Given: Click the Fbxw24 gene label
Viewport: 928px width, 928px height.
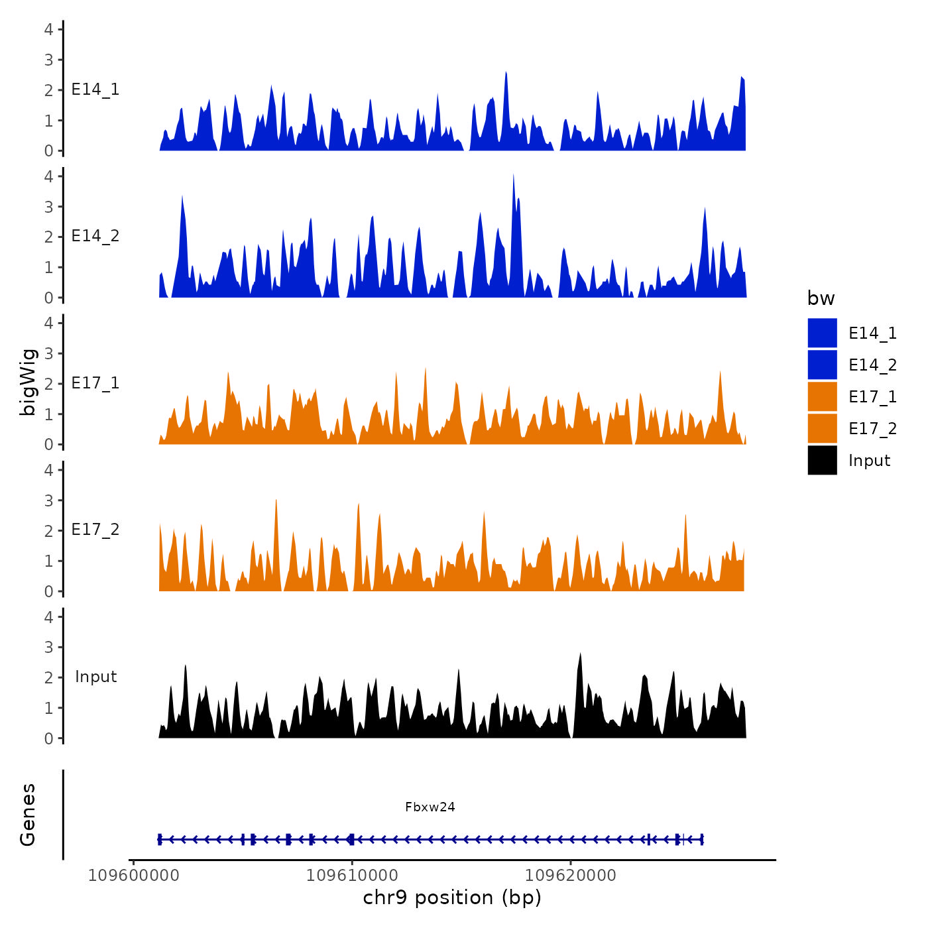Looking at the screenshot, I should (x=430, y=807).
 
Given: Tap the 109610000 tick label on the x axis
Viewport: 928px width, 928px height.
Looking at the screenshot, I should (x=352, y=876).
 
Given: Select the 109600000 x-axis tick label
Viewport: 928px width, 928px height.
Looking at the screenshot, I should (x=134, y=876).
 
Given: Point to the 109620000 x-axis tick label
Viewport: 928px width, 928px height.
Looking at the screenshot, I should (x=571, y=876).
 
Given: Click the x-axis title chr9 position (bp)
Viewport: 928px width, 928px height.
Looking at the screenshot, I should (x=452, y=898).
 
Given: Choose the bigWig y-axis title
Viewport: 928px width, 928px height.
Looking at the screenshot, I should (x=28, y=382).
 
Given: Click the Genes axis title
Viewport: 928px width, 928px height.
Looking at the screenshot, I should (x=28, y=815).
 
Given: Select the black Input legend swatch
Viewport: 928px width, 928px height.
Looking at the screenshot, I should (x=822, y=461).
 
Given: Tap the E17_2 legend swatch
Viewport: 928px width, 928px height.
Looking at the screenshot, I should (x=822, y=429).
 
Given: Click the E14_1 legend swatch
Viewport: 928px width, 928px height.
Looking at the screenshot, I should (x=822, y=333).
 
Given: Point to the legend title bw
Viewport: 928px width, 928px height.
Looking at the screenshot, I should (x=821, y=299).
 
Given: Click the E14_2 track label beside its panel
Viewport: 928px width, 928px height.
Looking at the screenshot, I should (x=95, y=236).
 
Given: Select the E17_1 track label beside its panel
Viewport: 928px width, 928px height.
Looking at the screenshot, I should (x=95, y=383).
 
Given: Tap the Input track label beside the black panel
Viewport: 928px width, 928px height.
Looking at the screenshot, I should (x=95, y=677).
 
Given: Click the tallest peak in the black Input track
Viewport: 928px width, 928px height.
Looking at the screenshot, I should (x=581, y=654).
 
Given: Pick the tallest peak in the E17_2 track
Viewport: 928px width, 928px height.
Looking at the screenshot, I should (x=276, y=500).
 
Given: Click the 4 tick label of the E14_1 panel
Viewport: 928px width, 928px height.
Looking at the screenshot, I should (x=49, y=29).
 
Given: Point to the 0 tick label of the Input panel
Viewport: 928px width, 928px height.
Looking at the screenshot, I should (x=49, y=738).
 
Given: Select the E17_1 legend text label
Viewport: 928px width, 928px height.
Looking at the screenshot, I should (x=872, y=397).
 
